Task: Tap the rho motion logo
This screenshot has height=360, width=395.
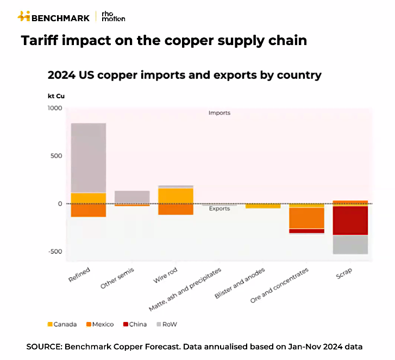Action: pos(113,16)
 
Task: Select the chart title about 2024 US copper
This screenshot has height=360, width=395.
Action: pos(184,75)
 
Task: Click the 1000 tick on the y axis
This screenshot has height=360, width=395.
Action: pos(54,108)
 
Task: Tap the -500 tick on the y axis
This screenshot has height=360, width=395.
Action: pos(54,251)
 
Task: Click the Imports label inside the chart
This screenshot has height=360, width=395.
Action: pos(219,113)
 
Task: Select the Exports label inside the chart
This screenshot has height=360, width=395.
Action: pos(219,209)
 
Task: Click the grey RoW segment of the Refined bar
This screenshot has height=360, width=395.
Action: pos(88,157)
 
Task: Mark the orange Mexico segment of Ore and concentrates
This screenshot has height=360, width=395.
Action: pos(306,218)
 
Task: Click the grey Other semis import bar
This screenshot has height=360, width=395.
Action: pos(132,197)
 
